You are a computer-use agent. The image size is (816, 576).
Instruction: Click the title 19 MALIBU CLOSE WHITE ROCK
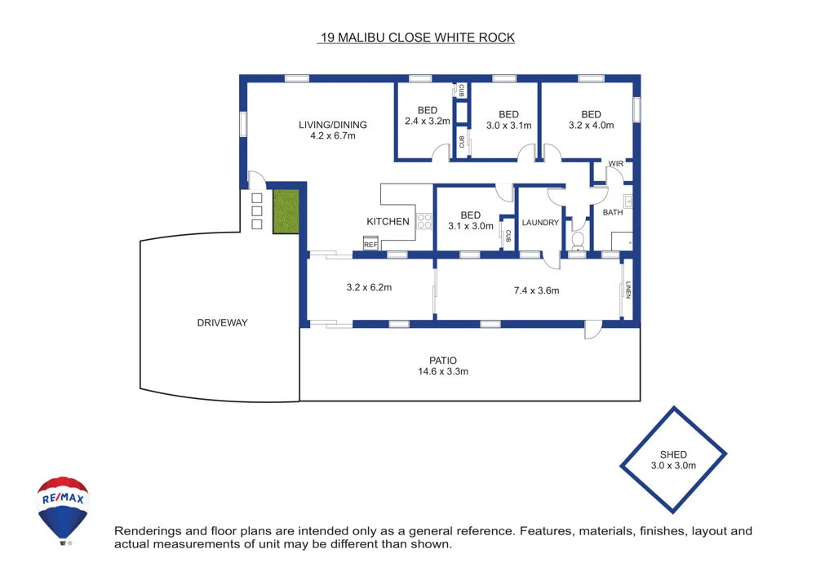pos(416,38)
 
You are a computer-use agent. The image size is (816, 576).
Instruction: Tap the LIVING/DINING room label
pos(332,125)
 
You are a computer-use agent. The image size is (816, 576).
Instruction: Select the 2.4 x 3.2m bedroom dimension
pos(427,122)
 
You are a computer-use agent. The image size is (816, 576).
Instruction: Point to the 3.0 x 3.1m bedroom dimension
pos(508,126)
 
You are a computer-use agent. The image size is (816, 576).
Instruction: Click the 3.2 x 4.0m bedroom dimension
pos(591,126)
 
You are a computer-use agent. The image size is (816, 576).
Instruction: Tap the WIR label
pos(615,164)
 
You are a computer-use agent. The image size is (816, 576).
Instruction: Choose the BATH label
pos(612,212)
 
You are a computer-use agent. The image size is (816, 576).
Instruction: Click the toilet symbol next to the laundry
pos(578,241)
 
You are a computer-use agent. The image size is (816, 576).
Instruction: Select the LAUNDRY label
pos(539,223)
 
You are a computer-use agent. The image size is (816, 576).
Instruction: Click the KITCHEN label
pos(388,222)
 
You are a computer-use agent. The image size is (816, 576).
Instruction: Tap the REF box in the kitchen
pos(370,244)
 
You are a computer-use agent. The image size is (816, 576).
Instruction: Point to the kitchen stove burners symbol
pos(424,219)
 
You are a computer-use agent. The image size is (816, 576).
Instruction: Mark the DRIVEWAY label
pos(222,323)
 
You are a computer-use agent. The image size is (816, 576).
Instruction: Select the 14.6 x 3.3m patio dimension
pos(443,371)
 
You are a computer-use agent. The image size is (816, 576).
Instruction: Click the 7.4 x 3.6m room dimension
pos(536,290)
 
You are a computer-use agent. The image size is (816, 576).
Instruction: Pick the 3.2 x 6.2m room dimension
pos(369,288)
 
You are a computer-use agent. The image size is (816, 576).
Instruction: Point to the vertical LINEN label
pos(628,290)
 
